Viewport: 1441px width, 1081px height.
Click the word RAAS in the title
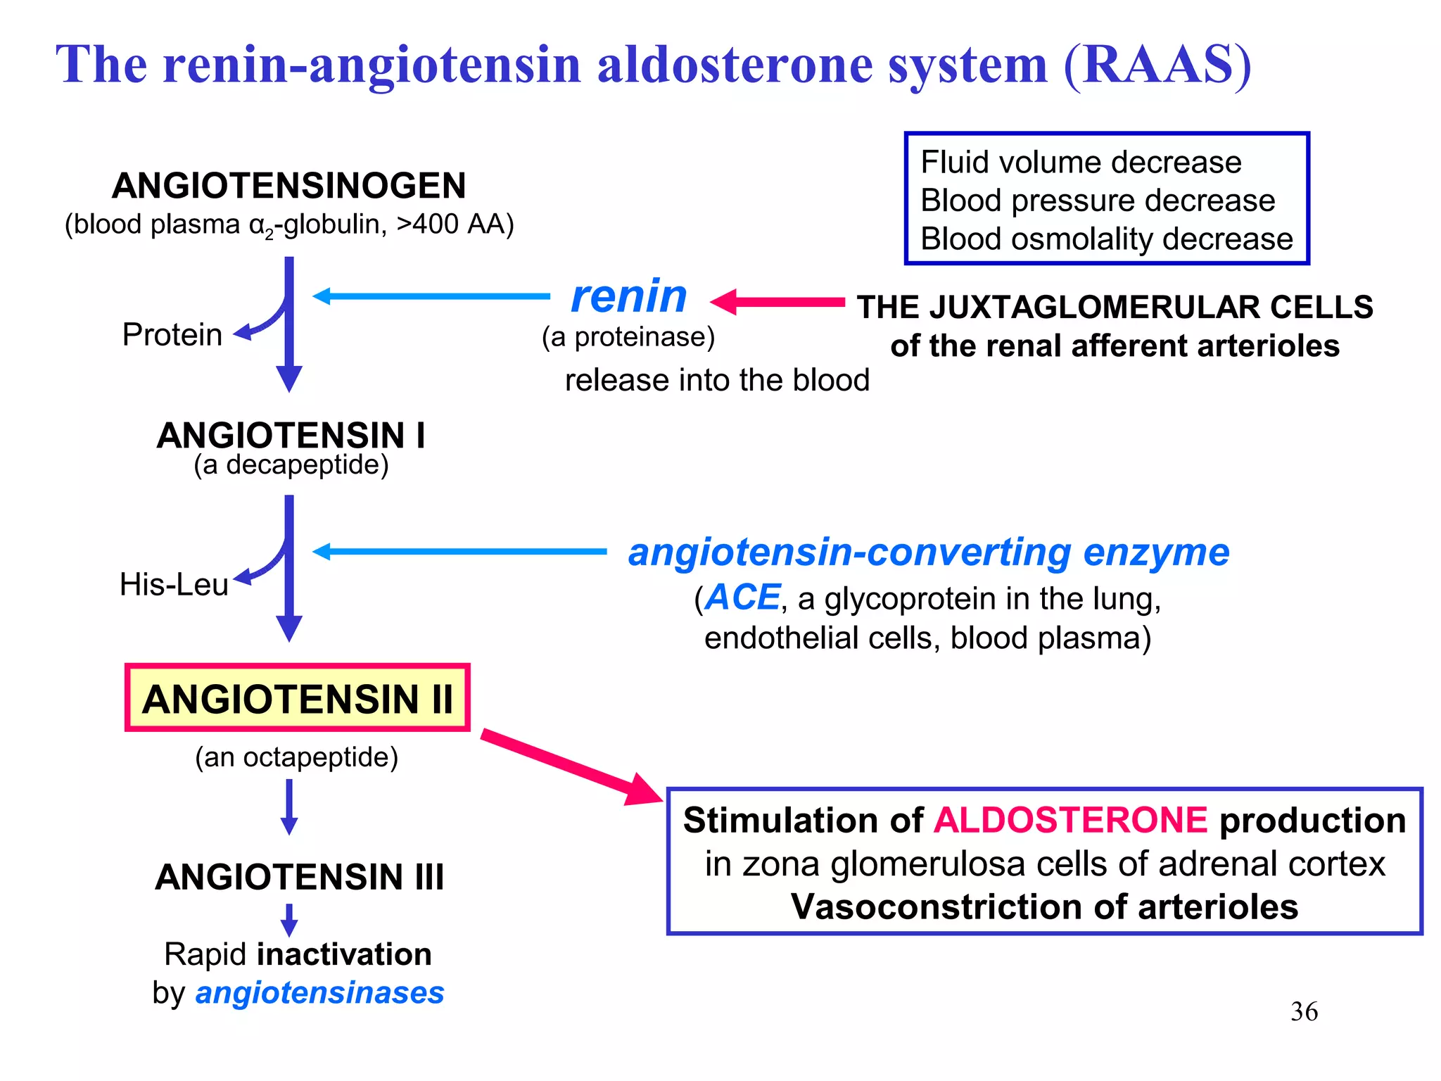point(1157,65)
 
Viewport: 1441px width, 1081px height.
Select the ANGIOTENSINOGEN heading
point(288,186)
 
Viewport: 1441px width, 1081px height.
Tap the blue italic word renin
point(628,296)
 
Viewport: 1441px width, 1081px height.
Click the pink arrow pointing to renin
point(777,302)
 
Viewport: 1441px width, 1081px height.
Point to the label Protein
point(172,334)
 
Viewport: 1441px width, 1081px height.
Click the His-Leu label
point(174,584)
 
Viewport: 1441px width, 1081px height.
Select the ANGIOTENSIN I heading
point(291,435)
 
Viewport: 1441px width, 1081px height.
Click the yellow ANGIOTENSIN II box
point(297,698)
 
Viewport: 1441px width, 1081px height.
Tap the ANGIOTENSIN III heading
point(300,877)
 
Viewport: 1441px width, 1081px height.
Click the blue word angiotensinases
point(319,993)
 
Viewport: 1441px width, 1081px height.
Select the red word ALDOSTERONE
point(1070,821)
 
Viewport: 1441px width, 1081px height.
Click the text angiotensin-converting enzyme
point(928,552)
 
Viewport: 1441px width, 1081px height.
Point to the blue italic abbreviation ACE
point(742,598)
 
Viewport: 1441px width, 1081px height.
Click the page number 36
point(1304,1011)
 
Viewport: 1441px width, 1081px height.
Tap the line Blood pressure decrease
point(1097,201)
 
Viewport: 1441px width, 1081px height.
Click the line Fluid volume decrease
point(1081,163)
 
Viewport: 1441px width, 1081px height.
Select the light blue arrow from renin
point(431,296)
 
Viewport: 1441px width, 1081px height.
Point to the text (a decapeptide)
point(291,464)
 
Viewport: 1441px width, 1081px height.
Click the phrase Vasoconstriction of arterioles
point(1044,906)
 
